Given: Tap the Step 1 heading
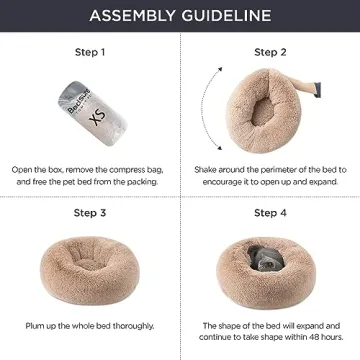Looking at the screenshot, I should (89, 51).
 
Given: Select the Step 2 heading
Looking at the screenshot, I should (270, 51).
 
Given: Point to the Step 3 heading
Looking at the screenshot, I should (89, 213).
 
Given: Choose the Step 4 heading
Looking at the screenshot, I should (270, 213).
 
